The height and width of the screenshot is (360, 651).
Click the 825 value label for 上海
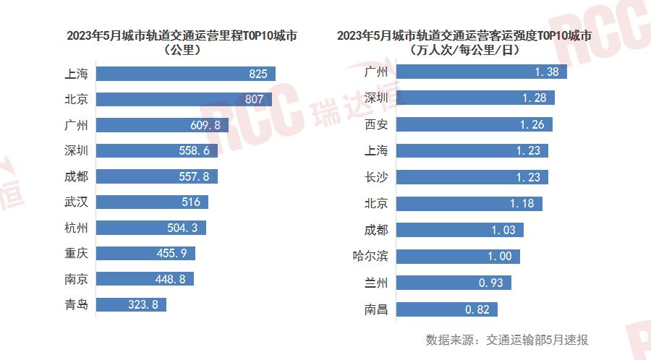point(258,74)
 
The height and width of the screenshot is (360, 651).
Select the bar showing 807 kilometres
point(184,99)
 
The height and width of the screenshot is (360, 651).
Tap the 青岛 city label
point(76,304)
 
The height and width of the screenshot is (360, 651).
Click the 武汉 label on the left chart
point(76,202)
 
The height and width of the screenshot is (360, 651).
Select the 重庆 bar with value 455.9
point(145,253)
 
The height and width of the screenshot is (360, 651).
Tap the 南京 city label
point(76,279)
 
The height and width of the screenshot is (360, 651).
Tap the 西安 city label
point(376,124)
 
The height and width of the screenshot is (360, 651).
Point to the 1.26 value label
point(532,124)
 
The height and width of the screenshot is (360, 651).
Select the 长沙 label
point(376,177)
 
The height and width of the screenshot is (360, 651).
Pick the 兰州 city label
point(376,283)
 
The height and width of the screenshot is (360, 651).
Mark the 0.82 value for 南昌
point(479,309)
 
